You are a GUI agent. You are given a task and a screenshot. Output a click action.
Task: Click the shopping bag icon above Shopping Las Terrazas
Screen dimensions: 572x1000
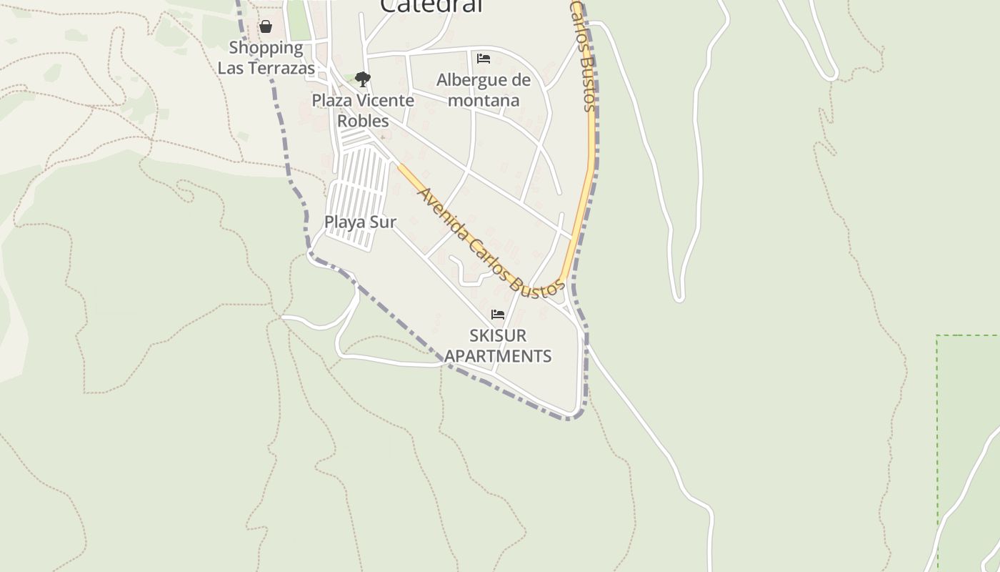(x=266, y=27)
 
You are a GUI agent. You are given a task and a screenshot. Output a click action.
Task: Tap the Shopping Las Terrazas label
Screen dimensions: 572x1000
(x=266, y=58)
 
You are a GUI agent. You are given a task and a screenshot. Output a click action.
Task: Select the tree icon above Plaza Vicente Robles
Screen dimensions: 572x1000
(x=363, y=79)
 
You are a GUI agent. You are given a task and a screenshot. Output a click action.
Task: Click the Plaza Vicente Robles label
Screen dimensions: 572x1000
(x=363, y=110)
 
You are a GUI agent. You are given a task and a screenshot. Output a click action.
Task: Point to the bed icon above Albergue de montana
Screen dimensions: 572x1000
(x=484, y=59)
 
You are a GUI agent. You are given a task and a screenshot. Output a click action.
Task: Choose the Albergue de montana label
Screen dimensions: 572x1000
(x=484, y=89)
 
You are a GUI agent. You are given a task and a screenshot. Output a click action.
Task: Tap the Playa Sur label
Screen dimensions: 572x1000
(x=360, y=222)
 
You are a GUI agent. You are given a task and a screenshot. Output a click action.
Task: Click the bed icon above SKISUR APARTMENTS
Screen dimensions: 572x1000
(x=498, y=315)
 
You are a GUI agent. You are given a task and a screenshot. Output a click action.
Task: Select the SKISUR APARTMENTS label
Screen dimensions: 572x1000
(x=498, y=345)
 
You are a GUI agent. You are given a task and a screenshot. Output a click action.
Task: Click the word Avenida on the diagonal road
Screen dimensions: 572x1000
(x=443, y=214)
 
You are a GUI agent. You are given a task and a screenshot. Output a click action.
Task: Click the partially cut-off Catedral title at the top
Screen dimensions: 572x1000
(x=431, y=6)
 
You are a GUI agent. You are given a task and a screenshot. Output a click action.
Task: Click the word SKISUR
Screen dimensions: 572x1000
(x=498, y=335)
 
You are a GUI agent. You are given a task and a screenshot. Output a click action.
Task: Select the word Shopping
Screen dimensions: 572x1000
(x=266, y=48)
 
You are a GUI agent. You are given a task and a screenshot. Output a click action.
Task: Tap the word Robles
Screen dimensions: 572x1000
(x=363, y=121)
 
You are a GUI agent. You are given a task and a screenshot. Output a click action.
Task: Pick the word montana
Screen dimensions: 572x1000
(x=484, y=100)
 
